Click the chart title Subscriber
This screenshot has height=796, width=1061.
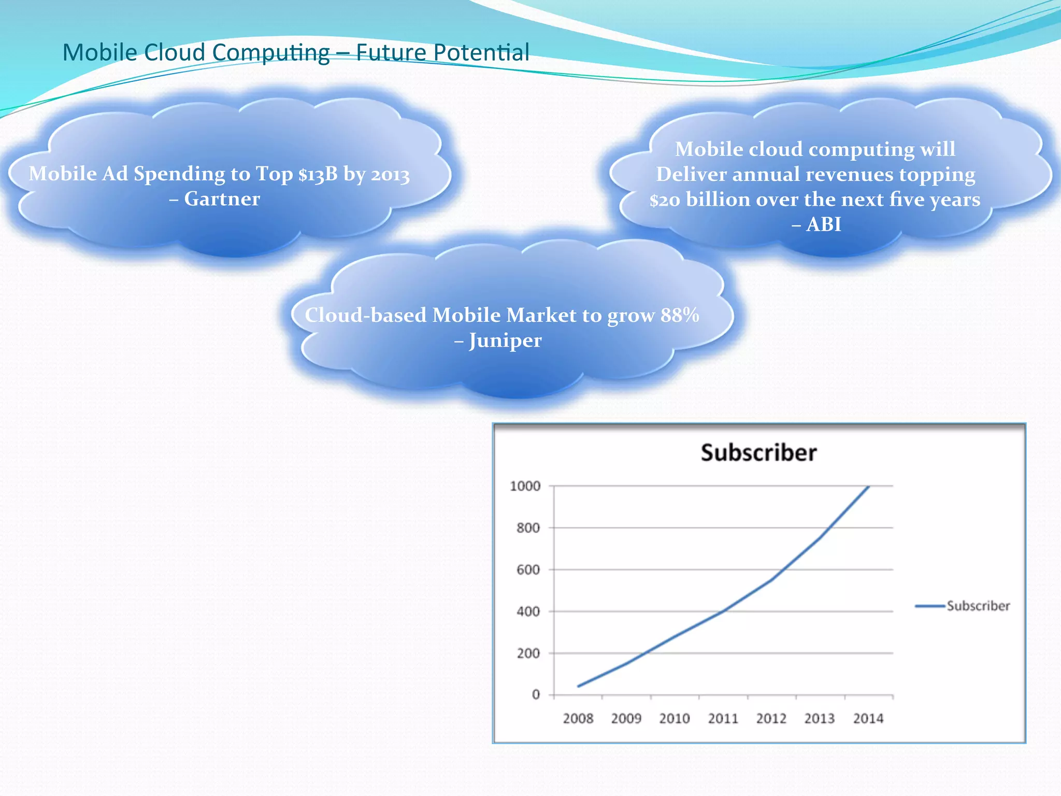pos(758,452)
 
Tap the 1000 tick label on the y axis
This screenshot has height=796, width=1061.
pos(525,486)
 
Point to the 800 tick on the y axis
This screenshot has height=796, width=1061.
pos(528,528)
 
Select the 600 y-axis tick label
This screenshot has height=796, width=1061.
pos(528,570)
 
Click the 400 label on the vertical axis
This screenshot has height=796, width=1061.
pos(528,612)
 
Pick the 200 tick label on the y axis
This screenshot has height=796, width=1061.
pos(528,653)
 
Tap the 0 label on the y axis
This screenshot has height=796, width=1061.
pos(536,694)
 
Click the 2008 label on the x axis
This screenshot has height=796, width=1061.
pos(578,718)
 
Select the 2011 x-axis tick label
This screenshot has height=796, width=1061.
pos(723,718)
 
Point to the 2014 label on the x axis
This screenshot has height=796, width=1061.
pos(868,718)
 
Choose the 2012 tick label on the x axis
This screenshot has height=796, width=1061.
pos(771,718)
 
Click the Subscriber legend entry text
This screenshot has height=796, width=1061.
pos(978,606)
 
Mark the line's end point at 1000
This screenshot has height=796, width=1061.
pos(868,487)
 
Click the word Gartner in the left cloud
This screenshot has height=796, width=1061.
pos(222,199)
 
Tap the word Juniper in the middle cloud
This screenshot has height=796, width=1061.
pos(505,340)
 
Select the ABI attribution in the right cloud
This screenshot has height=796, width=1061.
pos(824,224)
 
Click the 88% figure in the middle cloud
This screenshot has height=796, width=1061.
pos(680,315)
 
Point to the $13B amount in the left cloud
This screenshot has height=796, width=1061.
pos(318,174)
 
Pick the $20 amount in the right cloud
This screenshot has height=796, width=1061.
pos(665,200)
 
